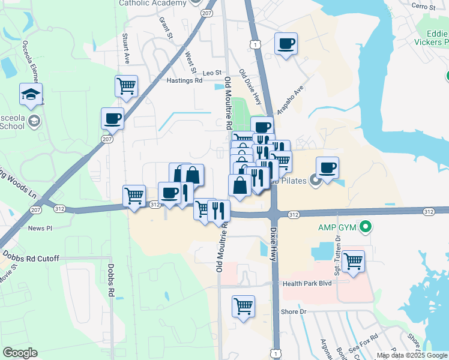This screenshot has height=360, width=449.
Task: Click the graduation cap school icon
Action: (x=31, y=94)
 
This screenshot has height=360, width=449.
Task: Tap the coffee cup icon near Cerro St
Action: (x=286, y=43)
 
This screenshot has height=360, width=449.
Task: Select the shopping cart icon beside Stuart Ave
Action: (x=127, y=86)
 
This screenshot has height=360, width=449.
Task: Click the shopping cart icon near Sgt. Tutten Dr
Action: (x=354, y=261)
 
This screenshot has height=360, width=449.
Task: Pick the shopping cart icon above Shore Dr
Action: (x=243, y=306)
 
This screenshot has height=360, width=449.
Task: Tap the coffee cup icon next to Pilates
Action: (x=327, y=168)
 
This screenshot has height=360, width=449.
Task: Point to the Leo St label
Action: (x=212, y=72)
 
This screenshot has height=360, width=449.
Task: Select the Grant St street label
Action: (x=166, y=28)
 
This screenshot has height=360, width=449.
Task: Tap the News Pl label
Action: (x=40, y=228)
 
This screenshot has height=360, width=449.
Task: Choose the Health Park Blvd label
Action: (x=307, y=283)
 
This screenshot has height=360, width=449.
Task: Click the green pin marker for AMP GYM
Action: (x=364, y=227)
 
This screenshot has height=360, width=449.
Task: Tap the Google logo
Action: (x=20, y=353)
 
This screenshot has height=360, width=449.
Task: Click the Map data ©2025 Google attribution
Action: (x=412, y=355)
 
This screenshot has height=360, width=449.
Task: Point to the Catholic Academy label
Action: (x=152, y=3)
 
